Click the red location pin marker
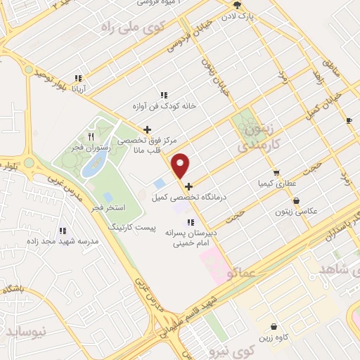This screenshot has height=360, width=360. pyautogui.click(x=181, y=166)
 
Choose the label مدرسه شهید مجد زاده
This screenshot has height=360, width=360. pyautogui.click(x=61, y=243)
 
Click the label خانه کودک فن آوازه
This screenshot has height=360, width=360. pyautogui.click(x=163, y=107)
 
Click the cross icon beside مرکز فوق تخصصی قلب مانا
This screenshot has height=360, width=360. pyautogui.click(x=146, y=129)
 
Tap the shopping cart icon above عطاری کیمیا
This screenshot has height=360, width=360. pyautogui.click(x=276, y=172)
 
